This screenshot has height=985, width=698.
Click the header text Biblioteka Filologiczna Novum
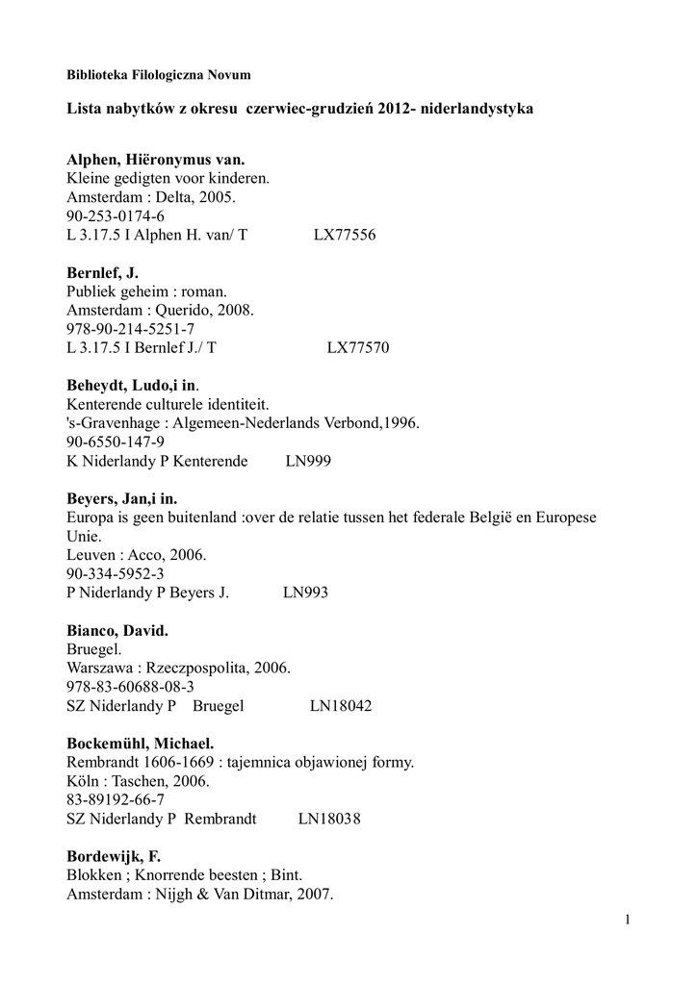(159, 74)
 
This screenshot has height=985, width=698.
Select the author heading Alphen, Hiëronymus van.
(156, 160)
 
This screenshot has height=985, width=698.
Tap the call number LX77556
(345, 235)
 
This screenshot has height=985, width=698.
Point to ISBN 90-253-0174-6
(116, 216)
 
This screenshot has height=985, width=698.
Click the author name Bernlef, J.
(103, 273)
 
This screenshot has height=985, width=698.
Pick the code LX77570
(357, 348)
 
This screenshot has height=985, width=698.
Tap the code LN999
(308, 462)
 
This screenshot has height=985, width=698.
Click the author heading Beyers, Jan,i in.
(122, 499)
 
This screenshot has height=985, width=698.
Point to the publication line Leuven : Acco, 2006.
(136, 555)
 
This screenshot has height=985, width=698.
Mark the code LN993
(305, 593)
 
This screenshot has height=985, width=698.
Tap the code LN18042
(341, 706)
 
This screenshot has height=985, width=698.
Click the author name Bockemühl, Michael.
(140, 744)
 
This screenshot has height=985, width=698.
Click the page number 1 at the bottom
(627, 922)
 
